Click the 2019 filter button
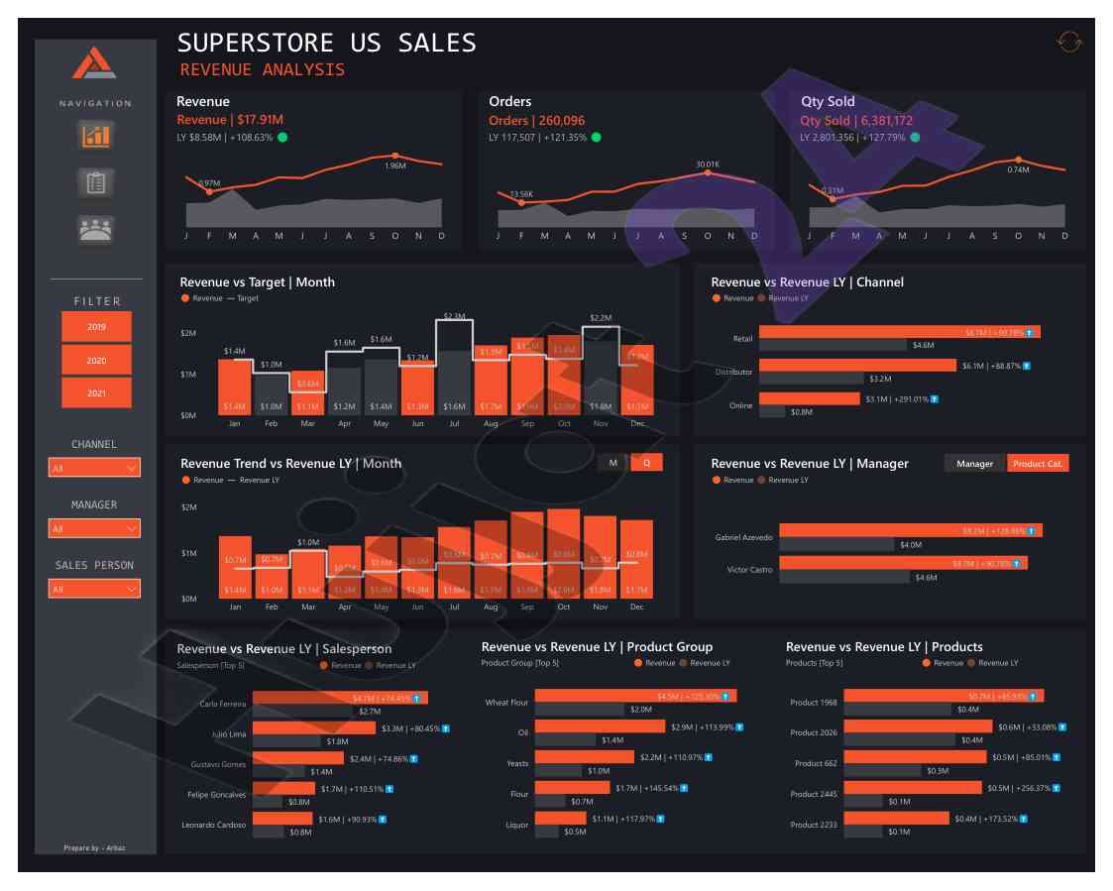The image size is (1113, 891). click(96, 327)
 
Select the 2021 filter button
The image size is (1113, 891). click(96, 393)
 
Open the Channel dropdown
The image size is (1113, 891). click(94, 468)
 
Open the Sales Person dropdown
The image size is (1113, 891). click(94, 589)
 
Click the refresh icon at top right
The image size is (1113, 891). click(1069, 43)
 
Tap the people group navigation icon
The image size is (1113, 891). click(96, 229)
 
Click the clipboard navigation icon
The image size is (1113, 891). click(96, 182)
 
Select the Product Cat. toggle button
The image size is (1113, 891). click(1038, 463)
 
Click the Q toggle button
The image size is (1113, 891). click(646, 463)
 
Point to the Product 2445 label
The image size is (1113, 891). click(814, 795)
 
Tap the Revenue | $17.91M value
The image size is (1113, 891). click(230, 120)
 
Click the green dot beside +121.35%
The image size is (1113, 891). click(595, 138)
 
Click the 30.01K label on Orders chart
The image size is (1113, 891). click(708, 165)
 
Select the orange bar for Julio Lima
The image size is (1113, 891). click(314, 728)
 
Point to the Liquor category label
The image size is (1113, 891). click(517, 825)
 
